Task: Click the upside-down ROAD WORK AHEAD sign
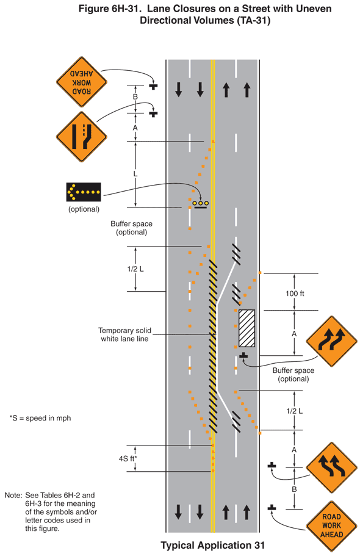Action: (81, 80)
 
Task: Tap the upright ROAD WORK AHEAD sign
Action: (331, 525)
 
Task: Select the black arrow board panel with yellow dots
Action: (84, 192)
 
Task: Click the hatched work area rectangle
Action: (247, 329)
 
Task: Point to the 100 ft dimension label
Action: (295, 294)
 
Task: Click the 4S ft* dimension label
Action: (128, 458)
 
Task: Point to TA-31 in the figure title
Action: (251, 20)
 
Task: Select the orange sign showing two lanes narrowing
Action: (81, 136)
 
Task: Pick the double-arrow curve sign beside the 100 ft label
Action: (331, 341)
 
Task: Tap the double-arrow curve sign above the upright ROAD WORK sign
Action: (331, 467)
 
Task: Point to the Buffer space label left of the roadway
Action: (131, 228)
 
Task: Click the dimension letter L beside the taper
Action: (135, 174)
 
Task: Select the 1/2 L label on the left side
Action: (135, 269)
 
